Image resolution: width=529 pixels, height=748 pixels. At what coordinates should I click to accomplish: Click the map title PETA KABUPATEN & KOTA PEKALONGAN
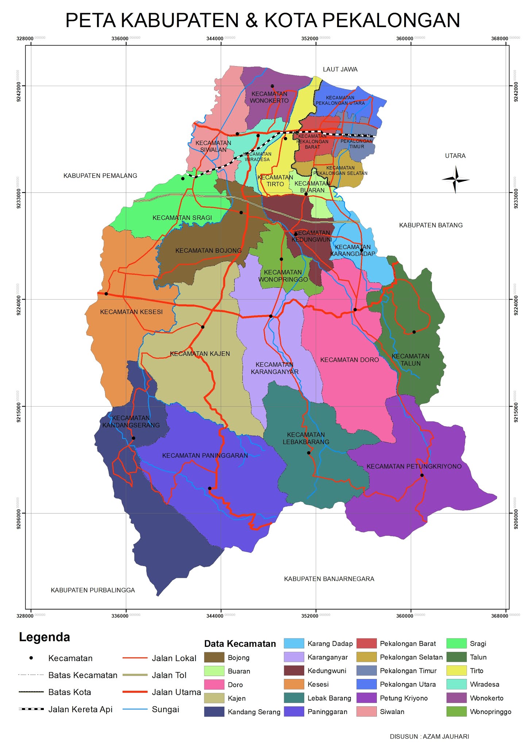pos(263,20)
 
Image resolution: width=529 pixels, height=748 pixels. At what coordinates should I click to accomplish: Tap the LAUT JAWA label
pos(340,69)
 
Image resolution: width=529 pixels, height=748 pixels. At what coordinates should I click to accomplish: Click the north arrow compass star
pos(455,179)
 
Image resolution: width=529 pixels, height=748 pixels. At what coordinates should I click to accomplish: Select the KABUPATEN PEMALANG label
pos(100,176)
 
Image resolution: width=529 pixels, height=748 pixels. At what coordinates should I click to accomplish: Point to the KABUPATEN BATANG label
pos(430,225)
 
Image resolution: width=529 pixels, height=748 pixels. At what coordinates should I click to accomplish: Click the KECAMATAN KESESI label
pos(131,312)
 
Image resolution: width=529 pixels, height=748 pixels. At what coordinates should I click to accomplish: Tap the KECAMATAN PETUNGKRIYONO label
pos(414,466)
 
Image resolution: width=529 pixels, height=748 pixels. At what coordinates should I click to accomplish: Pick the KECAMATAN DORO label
pos(350,360)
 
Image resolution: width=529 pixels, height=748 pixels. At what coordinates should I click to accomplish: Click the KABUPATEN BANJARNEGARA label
pos(329,579)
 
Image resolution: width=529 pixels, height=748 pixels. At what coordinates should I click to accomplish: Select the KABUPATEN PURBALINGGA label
pos(93,590)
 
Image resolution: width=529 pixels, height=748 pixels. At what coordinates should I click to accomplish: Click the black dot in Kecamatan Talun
pos(414,332)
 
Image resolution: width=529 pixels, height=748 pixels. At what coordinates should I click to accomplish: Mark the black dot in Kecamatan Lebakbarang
pos(309,453)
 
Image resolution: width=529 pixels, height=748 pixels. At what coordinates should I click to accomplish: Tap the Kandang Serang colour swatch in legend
pos(214,711)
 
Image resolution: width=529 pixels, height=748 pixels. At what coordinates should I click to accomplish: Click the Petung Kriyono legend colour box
pos(366,698)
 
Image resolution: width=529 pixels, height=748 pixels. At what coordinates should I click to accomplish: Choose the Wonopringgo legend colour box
pos(456,711)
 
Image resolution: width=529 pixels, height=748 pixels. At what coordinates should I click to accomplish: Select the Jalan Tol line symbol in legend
pos(135,675)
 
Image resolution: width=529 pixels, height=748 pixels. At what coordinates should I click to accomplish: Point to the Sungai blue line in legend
pos(135,709)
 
